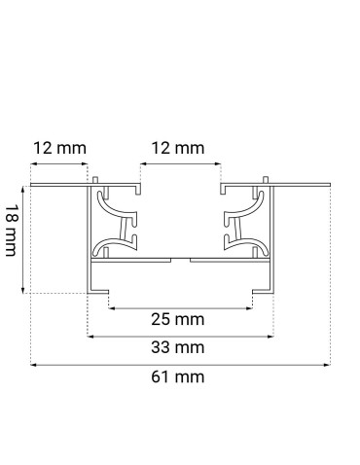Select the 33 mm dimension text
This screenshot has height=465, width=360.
(x=179, y=346)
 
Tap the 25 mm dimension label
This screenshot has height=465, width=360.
(x=179, y=318)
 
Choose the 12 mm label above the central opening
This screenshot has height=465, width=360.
(x=179, y=148)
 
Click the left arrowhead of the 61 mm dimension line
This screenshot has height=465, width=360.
(x=32, y=364)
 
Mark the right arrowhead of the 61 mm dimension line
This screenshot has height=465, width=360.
(x=328, y=364)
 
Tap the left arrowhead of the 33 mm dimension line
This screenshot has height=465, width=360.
(x=90, y=337)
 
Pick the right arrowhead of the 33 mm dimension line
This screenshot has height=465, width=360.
(x=269, y=337)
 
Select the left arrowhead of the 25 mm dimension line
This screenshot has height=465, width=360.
(x=110, y=308)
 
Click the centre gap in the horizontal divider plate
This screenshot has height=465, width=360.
(x=180, y=260)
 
